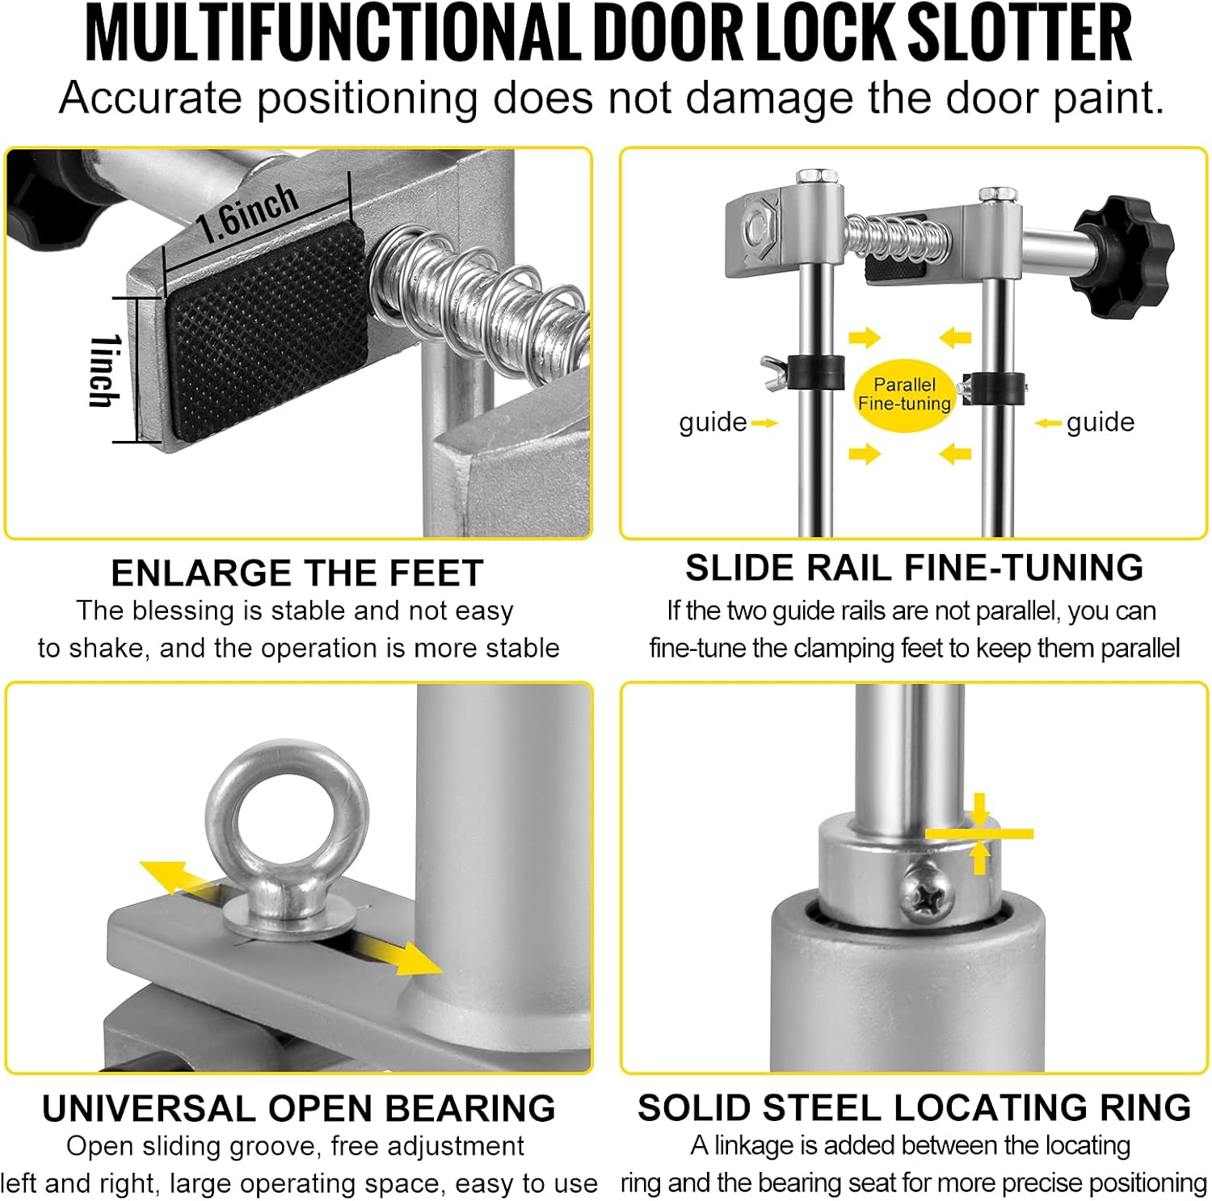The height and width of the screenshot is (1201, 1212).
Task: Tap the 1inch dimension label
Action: tap(104, 371)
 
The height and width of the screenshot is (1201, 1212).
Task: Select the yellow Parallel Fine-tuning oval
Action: tap(904, 395)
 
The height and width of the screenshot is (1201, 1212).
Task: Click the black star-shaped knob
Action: tap(1123, 255)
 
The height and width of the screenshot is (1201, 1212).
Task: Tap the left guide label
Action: tap(713, 422)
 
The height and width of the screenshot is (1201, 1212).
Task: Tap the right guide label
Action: tap(1100, 422)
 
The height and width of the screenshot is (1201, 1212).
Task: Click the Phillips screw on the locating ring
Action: tap(928, 888)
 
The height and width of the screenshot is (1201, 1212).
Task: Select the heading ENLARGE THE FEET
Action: tap(297, 573)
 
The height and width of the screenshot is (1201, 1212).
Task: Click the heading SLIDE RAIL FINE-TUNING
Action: tap(914, 568)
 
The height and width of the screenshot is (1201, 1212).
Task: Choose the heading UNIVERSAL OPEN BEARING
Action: tap(298, 1109)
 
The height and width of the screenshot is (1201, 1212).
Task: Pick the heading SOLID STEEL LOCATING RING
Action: tap(914, 1107)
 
